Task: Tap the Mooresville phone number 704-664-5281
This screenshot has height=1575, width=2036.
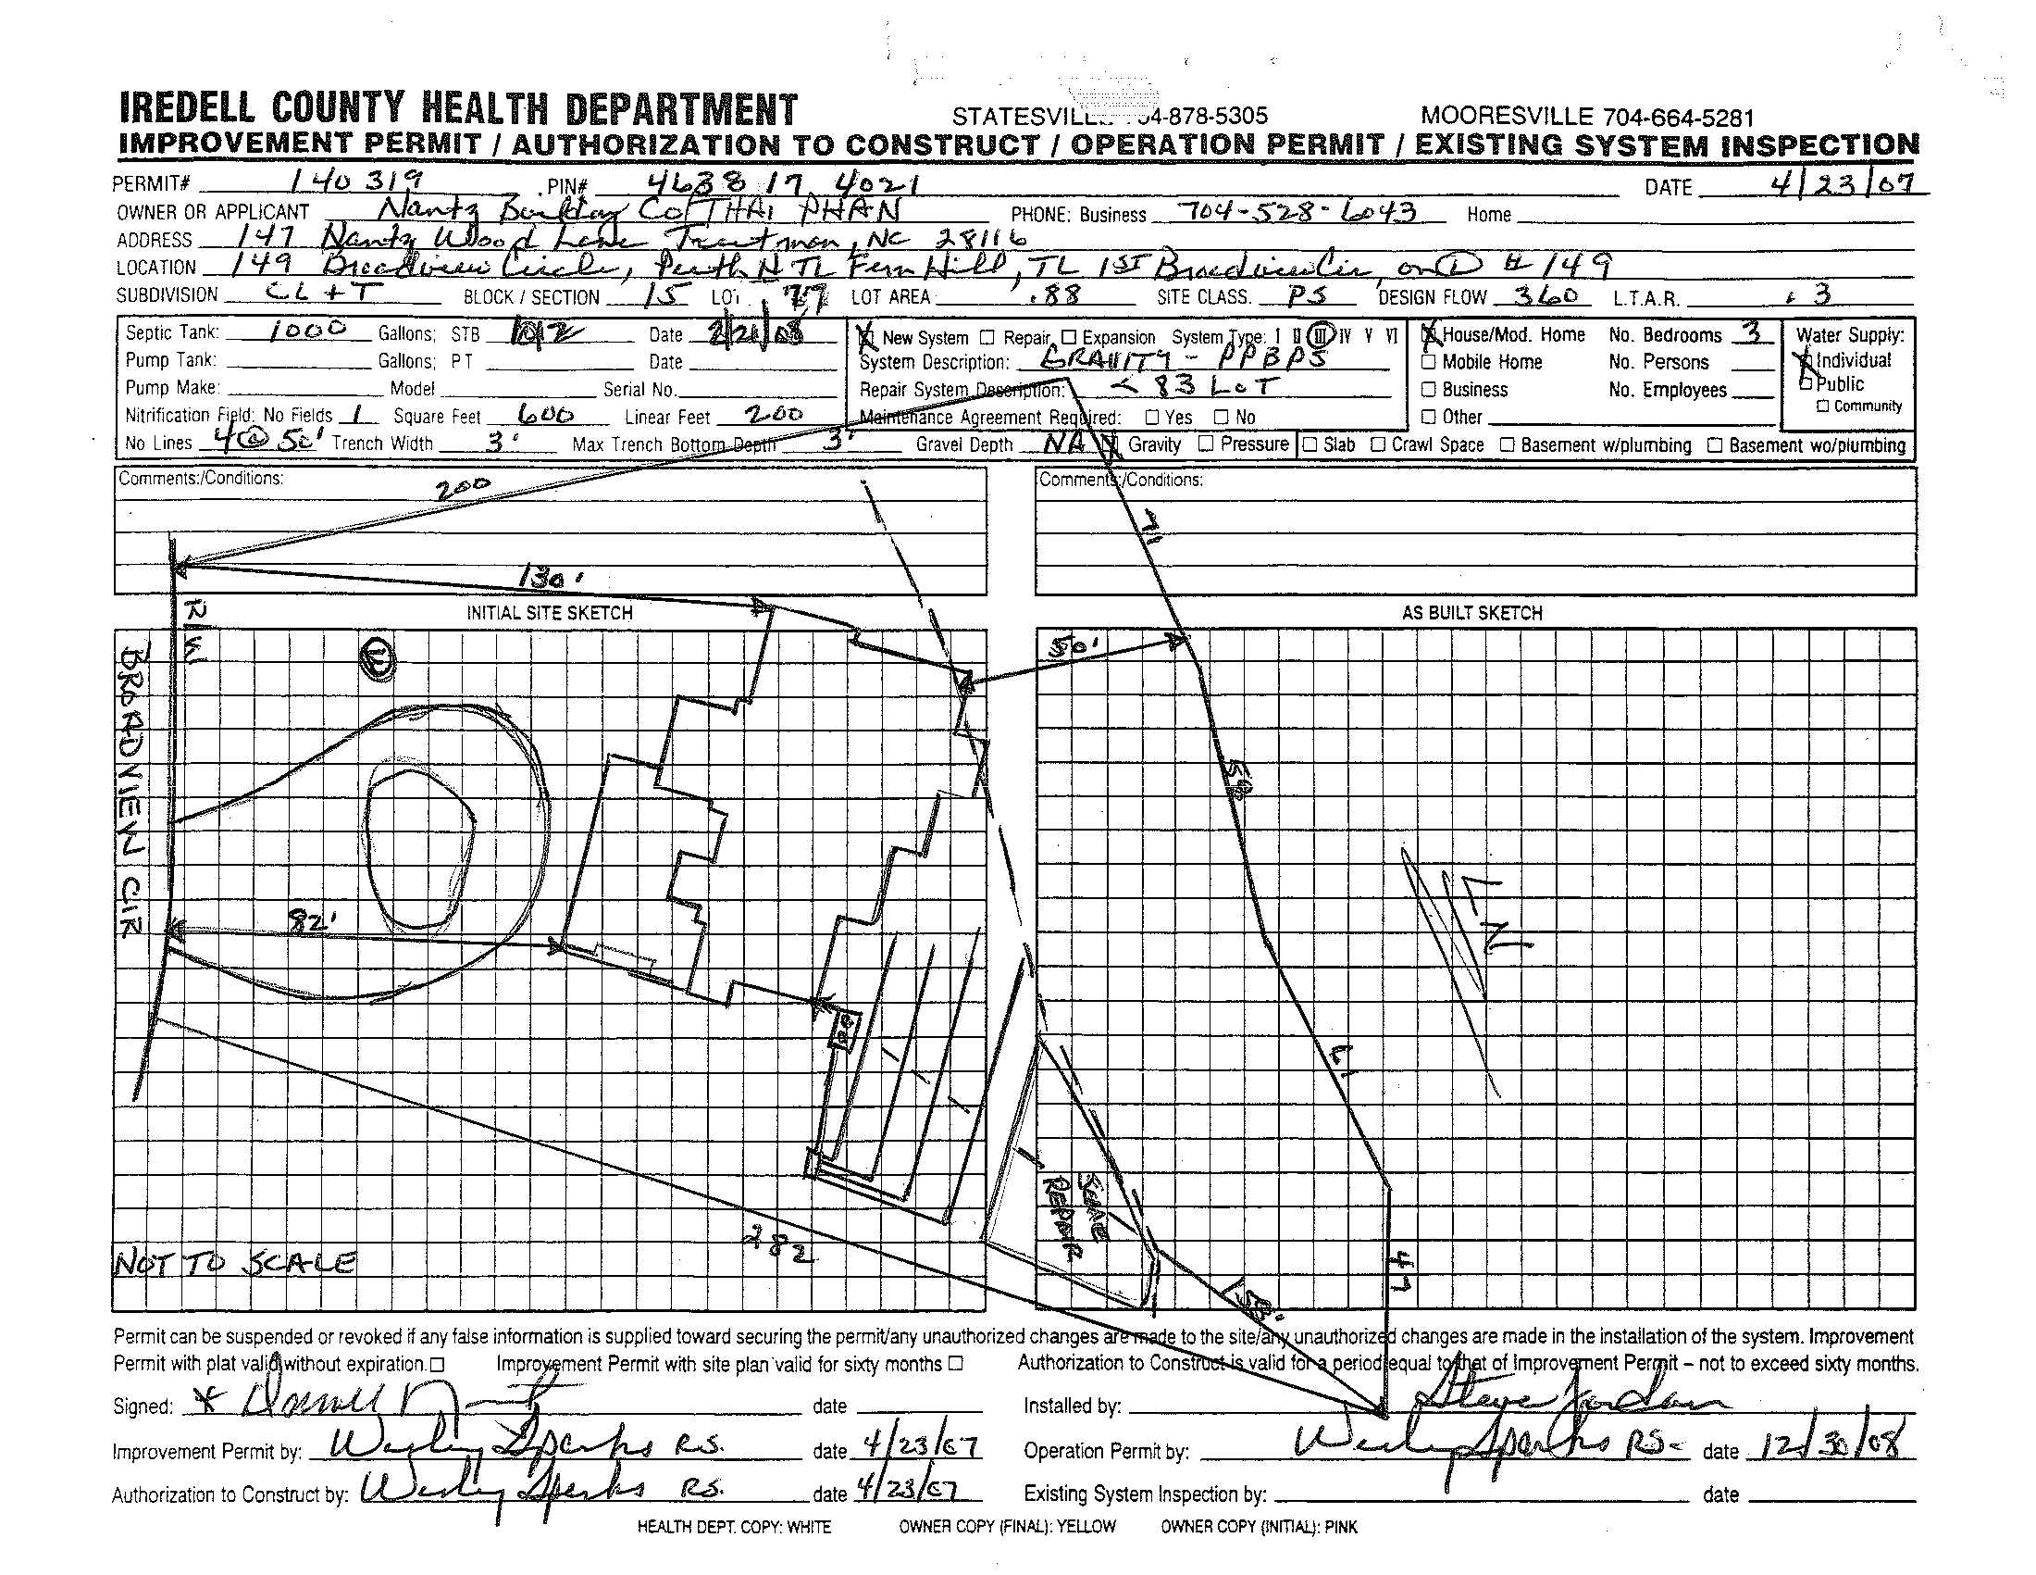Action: click(x=1678, y=119)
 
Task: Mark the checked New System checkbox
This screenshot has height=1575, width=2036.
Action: click(x=867, y=337)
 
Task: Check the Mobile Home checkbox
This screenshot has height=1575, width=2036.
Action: click(x=1428, y=362)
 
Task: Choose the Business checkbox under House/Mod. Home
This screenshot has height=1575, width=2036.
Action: click(x=1428, y=390)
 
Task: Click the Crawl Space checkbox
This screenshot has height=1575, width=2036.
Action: click(x=1378, y=444)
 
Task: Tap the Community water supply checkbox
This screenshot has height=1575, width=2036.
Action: click(x=1822, y=406)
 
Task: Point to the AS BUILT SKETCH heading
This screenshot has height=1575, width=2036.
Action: click(x=1472, y=613)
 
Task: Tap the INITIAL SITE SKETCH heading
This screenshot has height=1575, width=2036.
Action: click(x=549, y=613)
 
